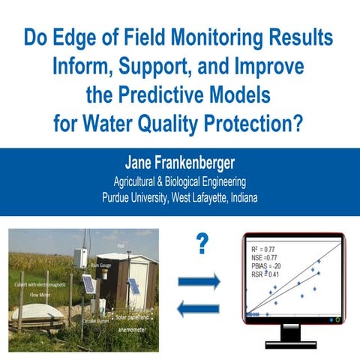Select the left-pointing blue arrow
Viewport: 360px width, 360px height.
(199, 308)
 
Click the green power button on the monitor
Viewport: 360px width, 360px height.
(337, 319)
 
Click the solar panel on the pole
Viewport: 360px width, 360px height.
(88, 284)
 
